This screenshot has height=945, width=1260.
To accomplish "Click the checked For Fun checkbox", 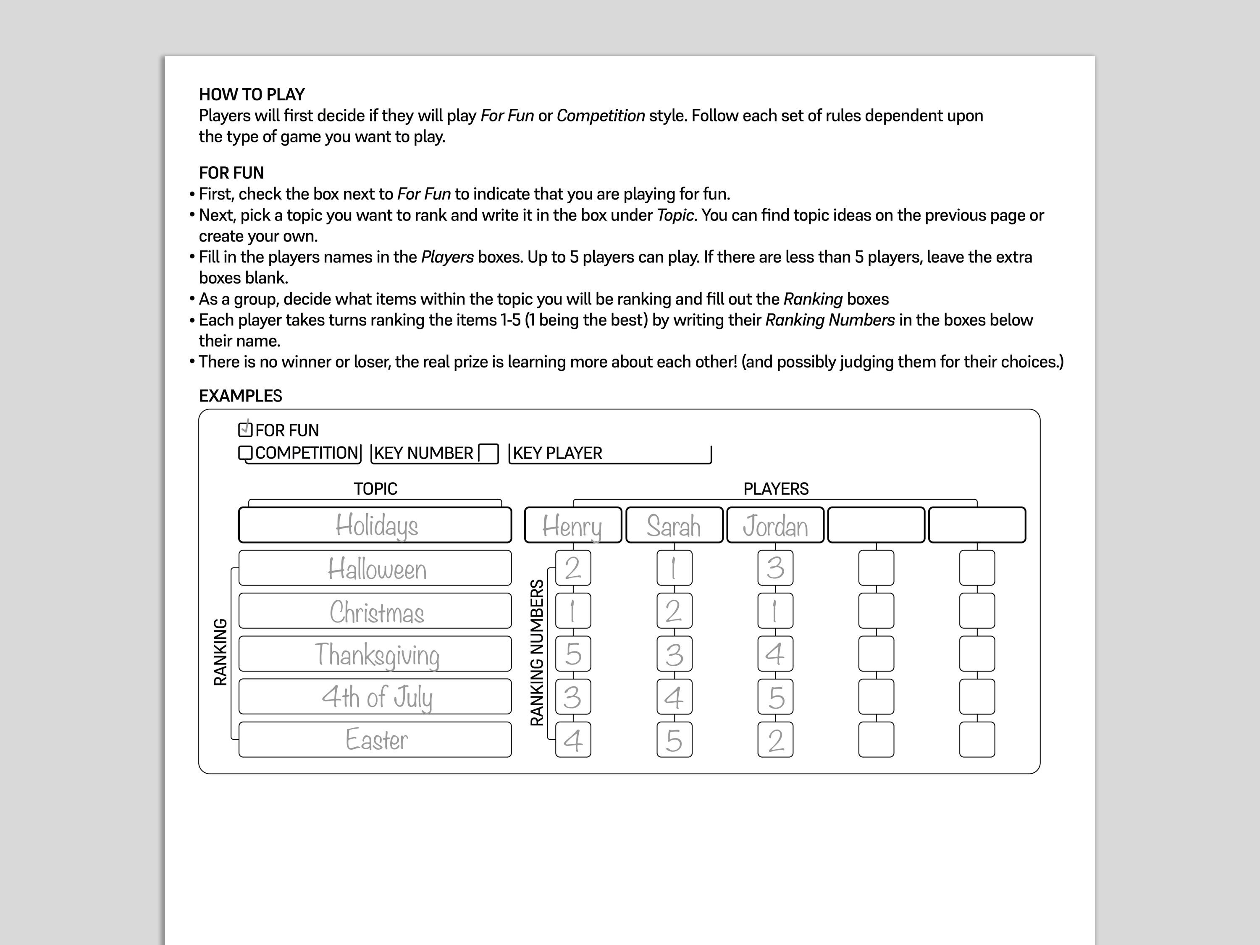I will [245, 429].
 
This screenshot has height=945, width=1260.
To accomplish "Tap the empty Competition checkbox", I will [245, 453].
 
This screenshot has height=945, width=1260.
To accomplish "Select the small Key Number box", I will [488, 454].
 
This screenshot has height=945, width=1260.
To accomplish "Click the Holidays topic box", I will [375, 525].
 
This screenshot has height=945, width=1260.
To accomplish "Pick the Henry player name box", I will [572, 525].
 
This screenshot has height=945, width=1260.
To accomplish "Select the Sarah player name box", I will [674, 525].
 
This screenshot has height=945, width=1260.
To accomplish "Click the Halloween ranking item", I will [375, 568].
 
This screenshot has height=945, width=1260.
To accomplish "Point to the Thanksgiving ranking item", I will [375, 654].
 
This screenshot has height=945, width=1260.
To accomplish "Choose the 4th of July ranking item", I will [375, 697].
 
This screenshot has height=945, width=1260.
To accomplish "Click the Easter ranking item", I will [375, 739].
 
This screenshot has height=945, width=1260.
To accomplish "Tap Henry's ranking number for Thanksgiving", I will [573, 654].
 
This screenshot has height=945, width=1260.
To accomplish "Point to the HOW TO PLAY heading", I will [252, 94].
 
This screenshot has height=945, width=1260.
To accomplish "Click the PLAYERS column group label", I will [775, 489].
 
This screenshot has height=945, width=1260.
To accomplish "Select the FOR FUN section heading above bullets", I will [231, 173].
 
